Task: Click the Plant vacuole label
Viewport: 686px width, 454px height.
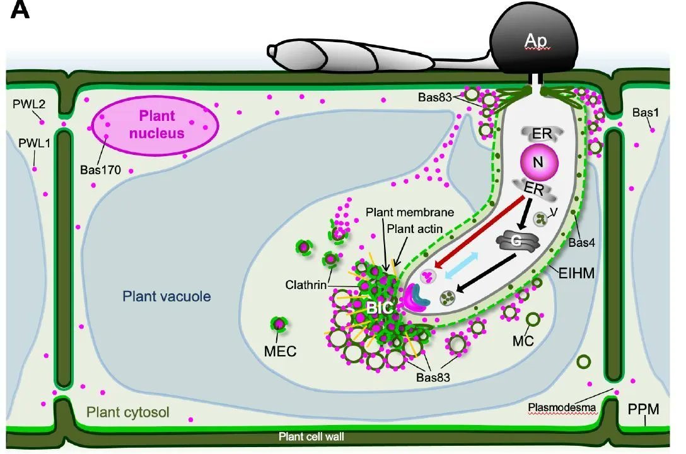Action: click(166, 296)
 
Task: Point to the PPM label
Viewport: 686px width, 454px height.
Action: click(643, 410)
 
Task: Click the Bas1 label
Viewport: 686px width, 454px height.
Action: click(645, 113)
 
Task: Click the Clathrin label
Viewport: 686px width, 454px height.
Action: click(304, 285)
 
